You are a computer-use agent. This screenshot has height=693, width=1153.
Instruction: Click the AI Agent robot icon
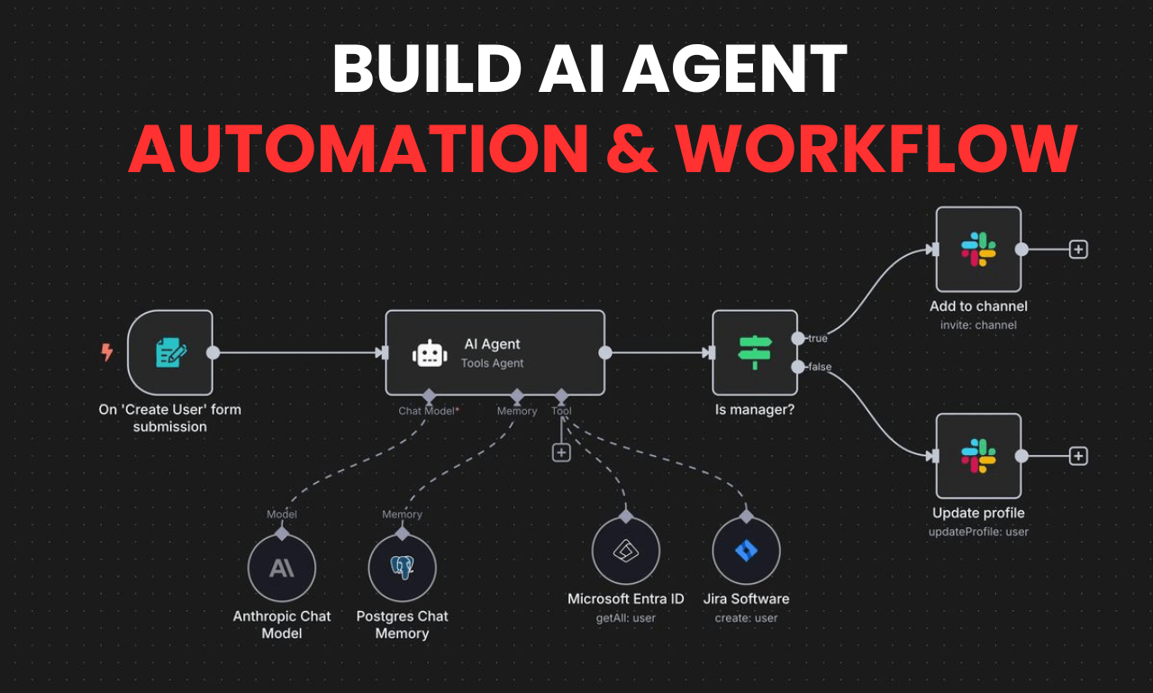click(430, 354)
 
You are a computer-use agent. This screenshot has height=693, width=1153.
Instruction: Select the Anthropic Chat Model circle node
click(282, 568)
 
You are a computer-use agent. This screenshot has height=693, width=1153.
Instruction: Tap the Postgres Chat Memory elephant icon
click(402, 568)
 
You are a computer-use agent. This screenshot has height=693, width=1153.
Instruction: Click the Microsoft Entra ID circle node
click(626, 551)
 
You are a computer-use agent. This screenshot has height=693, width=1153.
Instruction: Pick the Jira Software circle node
click(746, 551)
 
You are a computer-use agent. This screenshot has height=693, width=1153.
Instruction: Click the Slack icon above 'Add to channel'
click(978, 250)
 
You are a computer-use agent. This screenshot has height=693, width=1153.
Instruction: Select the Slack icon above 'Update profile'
click(978, 456)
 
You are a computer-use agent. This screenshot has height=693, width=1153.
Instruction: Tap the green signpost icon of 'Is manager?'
click(755, 352)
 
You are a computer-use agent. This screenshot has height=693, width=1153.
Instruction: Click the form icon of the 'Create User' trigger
click(170, 352)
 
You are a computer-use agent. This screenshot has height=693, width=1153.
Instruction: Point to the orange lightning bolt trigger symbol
click(107, 352)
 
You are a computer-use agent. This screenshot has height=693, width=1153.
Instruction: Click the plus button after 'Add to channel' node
click(1078, 250)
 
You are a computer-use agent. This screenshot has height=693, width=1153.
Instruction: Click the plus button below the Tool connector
click(561, 452)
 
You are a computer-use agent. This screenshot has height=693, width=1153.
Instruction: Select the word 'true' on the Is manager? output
click(817, 338)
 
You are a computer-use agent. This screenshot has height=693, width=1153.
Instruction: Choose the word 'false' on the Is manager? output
click(819, 367)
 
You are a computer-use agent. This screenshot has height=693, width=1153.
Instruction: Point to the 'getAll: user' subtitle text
click(626, 618)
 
